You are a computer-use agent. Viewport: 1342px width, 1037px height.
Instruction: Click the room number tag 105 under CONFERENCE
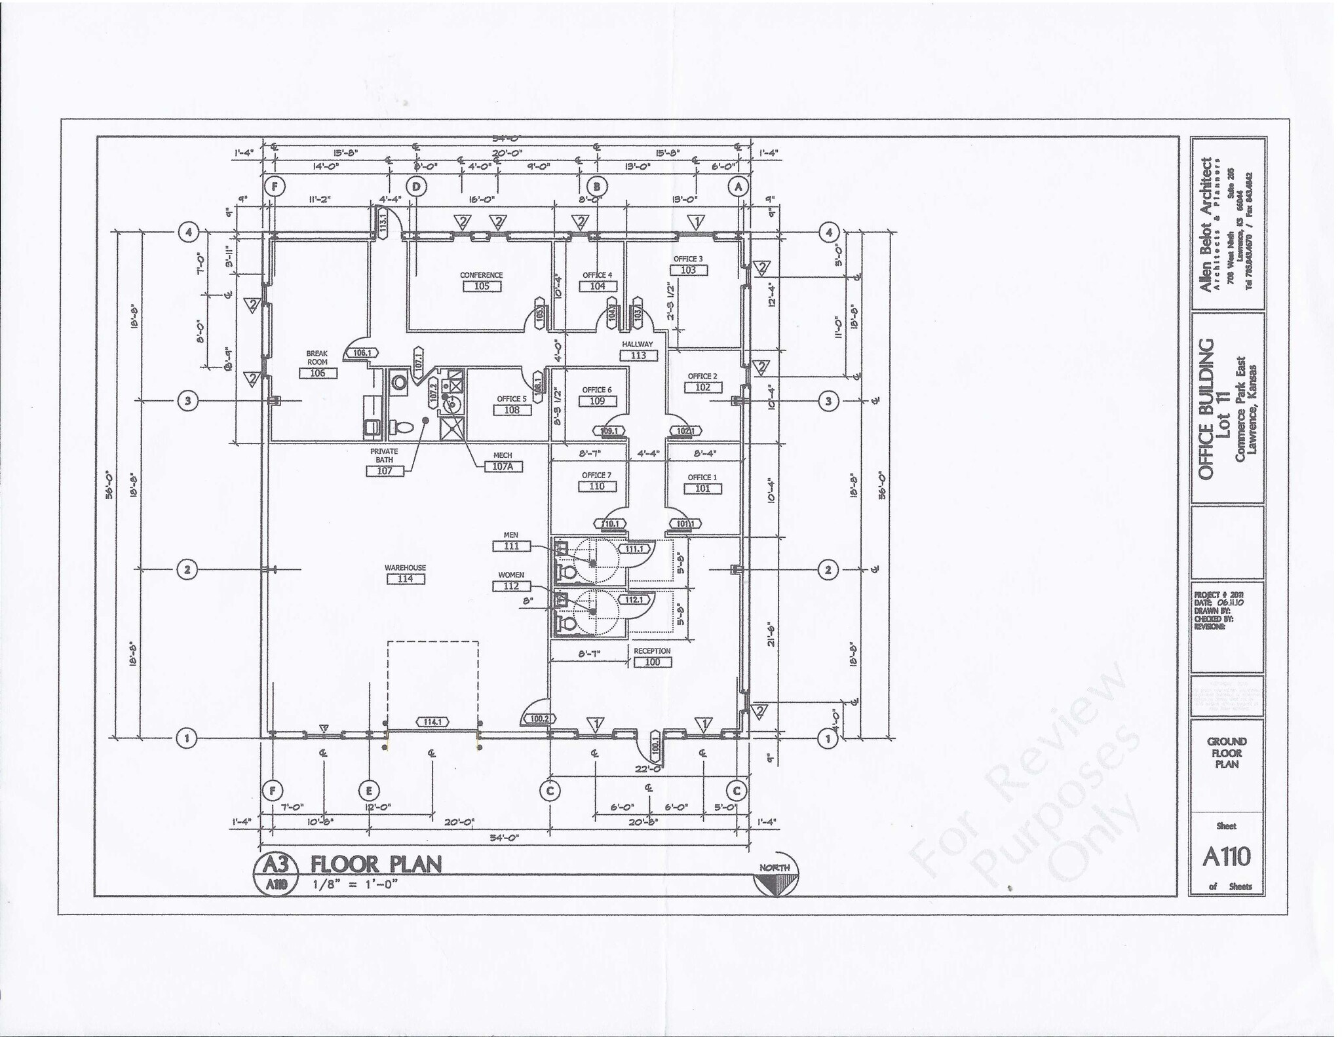pyautogui.click(x=481, y=286)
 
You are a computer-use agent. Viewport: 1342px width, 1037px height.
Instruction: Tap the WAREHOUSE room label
pyautogui.click(x=405, y=567)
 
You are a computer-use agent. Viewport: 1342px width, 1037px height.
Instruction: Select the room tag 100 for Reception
pyautogui.click(x=653, y=662)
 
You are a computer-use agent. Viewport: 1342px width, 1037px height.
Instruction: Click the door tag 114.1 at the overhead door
pyautogui.click(x=433, y=722)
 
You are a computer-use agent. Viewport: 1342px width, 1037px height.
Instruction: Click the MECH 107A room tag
pyautogui.click(x=503, y=466)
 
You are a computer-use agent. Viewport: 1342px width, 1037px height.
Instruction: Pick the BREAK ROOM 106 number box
pyautogui.click(x=318, y=373)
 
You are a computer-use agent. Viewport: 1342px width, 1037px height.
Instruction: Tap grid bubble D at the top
pyautogui.click(x=416, y=187)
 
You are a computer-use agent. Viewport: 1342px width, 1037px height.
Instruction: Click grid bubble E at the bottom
pyautogui.click(x=369, y=791)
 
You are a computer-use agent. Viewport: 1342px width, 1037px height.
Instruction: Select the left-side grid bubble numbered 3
pyautogui.click(x=187, y=401)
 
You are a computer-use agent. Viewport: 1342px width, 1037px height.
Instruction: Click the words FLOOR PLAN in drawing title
pyautogui.click(x=376, y=864)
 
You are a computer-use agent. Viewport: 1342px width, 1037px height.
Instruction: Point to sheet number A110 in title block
pyautogui.click(x=1226, y=856)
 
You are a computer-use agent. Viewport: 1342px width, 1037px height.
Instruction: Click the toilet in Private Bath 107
pyautogui.click(x=402, y=427)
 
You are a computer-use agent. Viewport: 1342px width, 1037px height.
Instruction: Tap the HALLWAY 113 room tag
pyautogui.click(x=638, y=355)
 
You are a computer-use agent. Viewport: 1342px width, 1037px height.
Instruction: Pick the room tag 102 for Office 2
pyautogui.click(x=702, y=387)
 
